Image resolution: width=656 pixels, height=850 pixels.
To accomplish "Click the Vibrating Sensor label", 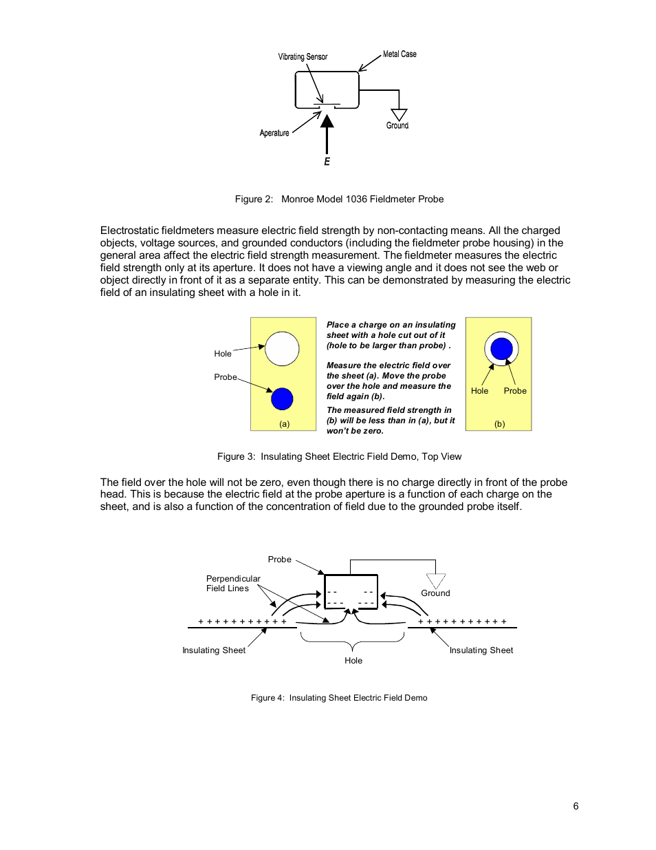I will tap(303, 56).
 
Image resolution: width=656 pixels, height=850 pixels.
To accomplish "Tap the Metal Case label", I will tap(400, 54).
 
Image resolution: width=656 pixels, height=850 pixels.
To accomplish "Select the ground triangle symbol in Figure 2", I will tap(399, 114).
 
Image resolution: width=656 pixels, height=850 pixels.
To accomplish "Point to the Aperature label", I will tap(274, 133).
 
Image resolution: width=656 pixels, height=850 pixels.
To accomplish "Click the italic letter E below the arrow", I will tap(327, 162).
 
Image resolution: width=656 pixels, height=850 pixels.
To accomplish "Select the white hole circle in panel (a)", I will tap(282, 349).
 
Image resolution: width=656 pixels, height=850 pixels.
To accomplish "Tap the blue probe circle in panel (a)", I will tap(282, 399).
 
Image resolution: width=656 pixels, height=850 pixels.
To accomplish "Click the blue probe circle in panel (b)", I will tap(501, 348).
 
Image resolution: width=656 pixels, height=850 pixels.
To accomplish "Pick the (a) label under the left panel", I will tap(284, 424).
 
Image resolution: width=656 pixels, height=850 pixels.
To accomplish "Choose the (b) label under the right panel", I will tap(500, 424).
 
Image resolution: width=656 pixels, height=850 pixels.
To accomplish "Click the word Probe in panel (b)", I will tap(515, 391).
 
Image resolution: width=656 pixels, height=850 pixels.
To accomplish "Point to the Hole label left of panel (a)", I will tap(223, 354).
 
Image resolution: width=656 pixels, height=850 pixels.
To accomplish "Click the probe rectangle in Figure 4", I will tap(351, 592).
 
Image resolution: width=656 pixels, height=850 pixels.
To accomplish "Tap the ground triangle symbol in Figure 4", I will tap(436, 580).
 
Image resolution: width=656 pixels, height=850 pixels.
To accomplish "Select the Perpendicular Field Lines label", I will tap(233, 584).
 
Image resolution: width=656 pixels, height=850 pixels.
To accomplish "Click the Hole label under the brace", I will tap(353, 661).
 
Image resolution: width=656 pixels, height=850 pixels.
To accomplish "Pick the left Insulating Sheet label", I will tap(214, 650).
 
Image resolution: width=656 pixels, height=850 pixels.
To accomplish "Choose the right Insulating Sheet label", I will tap(481, 650).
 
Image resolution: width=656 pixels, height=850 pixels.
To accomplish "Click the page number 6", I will tap(576, 806).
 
